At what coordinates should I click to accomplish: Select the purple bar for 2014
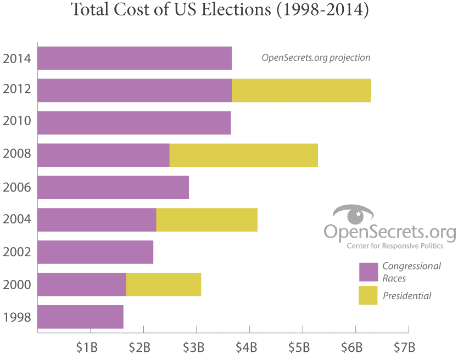coord(135,58)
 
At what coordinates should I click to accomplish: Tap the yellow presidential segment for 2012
coord(301,91)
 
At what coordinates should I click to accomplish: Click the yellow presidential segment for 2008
coord(243,155)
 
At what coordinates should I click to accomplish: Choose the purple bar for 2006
coord(113,188)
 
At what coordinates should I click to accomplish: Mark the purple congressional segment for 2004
coord(97,220)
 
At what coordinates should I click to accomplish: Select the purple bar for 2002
coord(95,252)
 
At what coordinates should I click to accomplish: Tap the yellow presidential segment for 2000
coord(163,284)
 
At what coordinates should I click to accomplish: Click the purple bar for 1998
coord(80,317)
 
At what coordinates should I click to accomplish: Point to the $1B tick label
coord(87,347)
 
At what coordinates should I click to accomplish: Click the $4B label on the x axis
coord(246,347)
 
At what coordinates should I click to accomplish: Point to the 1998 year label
coord(16,317)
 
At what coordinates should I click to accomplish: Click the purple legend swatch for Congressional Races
coord(368,272)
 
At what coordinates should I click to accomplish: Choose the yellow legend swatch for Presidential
coord(368,295)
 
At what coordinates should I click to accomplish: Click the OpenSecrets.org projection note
coord(315,58)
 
